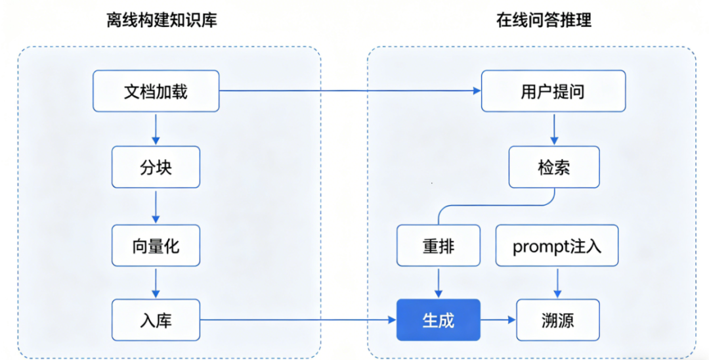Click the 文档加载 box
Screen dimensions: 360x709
point(156,91)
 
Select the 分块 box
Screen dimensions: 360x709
point(156,167)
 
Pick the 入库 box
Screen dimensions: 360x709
point(156,320)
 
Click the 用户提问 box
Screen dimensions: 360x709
point(553,91)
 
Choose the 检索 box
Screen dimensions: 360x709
point(553,167)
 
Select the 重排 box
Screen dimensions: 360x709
point(439,246)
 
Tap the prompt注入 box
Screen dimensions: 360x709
point(557,246)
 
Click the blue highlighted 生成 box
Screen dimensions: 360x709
point(439,320)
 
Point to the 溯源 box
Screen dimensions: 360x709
point(557,320)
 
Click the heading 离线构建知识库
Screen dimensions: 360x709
point(161,20)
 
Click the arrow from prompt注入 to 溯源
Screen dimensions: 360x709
point(557,282)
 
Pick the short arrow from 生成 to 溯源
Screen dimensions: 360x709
point(498,320)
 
